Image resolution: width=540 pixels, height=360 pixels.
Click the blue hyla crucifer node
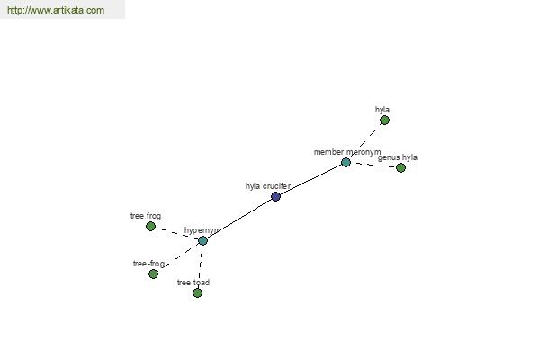click(x=276, y=197)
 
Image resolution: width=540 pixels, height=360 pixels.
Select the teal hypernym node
click(x=202, y=241)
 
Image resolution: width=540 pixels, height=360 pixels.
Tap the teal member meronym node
click(x=346, y=162)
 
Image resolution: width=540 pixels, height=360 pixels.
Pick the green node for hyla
click(x=384, y=121)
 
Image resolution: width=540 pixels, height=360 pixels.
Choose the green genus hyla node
click(x=400, y=167)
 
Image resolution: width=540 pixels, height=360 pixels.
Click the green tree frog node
click(x=150, y=226)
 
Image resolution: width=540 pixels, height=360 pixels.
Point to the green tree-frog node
click(x=153, y=274)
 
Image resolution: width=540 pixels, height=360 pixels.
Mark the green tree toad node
click(x=197, y=292)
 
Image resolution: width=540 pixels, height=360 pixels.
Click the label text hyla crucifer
click(x=268, y=186)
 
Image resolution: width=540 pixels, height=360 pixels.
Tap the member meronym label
click(x=347, y=152)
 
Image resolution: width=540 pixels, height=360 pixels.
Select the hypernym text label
click(x=202, y=230)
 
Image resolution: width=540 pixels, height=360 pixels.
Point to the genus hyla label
click(x=398, y=157)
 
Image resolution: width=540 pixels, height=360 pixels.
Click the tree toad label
click(x=193, y=283)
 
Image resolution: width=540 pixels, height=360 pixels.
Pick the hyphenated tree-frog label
click(x=148, y=264)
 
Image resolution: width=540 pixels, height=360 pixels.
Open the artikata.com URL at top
click(x=56, y=10)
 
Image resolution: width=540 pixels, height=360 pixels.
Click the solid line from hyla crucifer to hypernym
click(x=239, y=219)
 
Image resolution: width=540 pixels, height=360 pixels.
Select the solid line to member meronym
click(x=310, y=179)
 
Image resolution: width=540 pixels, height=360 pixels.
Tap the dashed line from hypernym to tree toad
click(x=201, y=266)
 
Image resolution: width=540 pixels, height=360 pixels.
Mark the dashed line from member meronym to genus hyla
click(x=373, y=165)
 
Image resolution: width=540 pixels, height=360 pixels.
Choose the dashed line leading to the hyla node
click(x=365, y=141)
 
